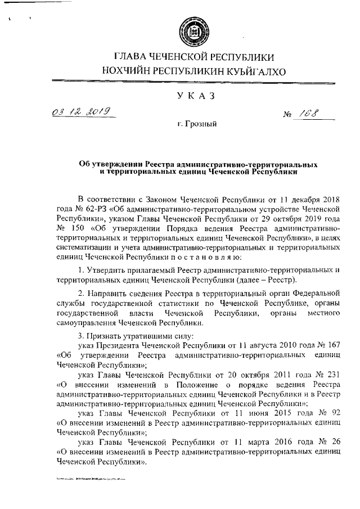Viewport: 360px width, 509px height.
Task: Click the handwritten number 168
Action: (308, 114)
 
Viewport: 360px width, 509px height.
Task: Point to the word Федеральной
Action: (315, 293)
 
